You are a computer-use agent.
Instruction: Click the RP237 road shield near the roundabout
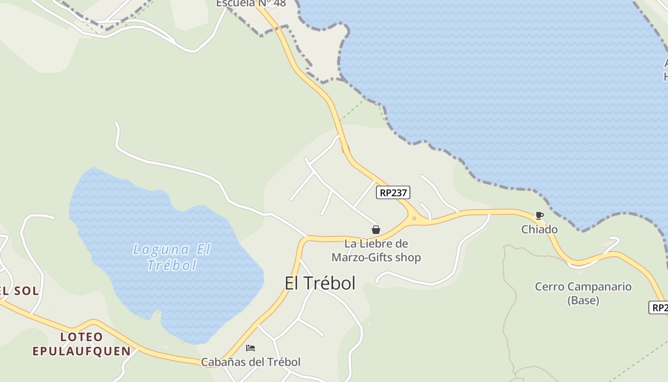[x=393, y=192]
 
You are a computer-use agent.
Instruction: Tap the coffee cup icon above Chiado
[x=539, y=216]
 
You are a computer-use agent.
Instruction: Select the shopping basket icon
[x=376, y=230]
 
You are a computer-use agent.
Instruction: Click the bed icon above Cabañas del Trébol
[x=250, y=348]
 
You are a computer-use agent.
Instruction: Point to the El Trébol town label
[x=320, y=283]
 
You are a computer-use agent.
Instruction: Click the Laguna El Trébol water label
[x=172, y=257]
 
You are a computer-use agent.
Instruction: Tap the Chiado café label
[x=539, y=230]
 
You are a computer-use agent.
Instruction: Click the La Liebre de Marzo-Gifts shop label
[x=376, y=251]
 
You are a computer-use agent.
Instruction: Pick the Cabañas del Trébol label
[x=250, y=362]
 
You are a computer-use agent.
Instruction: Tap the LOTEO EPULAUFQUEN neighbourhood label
[x=82, y=344]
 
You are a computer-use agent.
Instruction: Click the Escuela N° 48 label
[x=251, y=4]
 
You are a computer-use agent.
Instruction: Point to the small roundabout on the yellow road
[x=414, y=218]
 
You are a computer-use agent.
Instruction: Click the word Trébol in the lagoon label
[x=172, y=265]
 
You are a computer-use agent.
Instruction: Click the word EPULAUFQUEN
[x=82, y=351]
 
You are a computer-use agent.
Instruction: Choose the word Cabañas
[x=221, y=362]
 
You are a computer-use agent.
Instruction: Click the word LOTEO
[x=82, y=337]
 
